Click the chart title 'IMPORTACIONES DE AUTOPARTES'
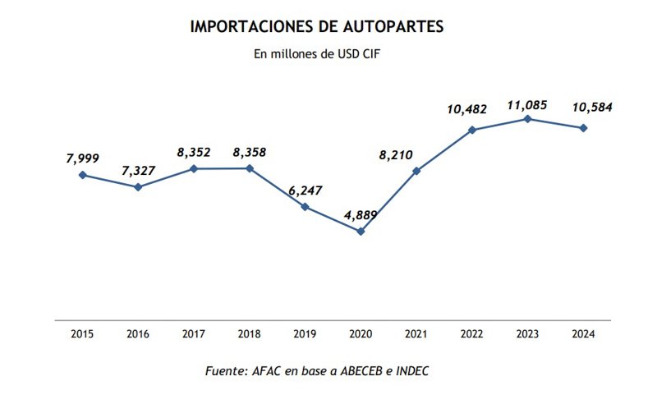[317, 27]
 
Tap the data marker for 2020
[361, 232]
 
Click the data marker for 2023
[528, 119]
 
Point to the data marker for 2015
[82, 175]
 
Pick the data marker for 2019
[305, 207]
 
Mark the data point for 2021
[416, 171]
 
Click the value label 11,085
[527, 105]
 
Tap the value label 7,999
[83, 158]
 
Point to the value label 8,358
[250, 152]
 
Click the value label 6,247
[306, 191]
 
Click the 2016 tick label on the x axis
[137, 334]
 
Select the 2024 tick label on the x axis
[583, 334]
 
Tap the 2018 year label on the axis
[249, 334]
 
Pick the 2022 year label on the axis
[472, 334]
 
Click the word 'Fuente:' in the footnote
[225, 371]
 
